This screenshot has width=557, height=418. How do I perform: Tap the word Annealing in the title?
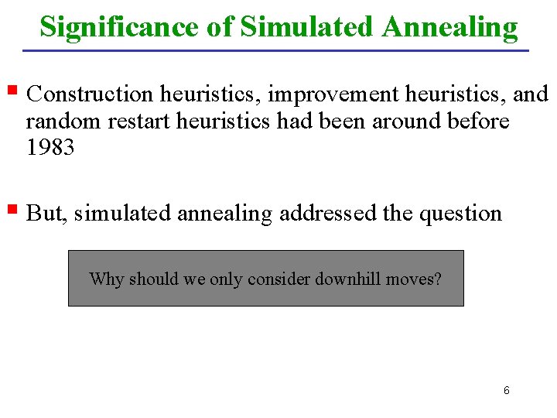point(449,27)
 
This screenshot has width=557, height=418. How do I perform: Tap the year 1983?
point(50,147)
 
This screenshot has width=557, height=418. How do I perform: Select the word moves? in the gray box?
point(416,279)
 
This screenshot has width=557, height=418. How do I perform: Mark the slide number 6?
point(506,391)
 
